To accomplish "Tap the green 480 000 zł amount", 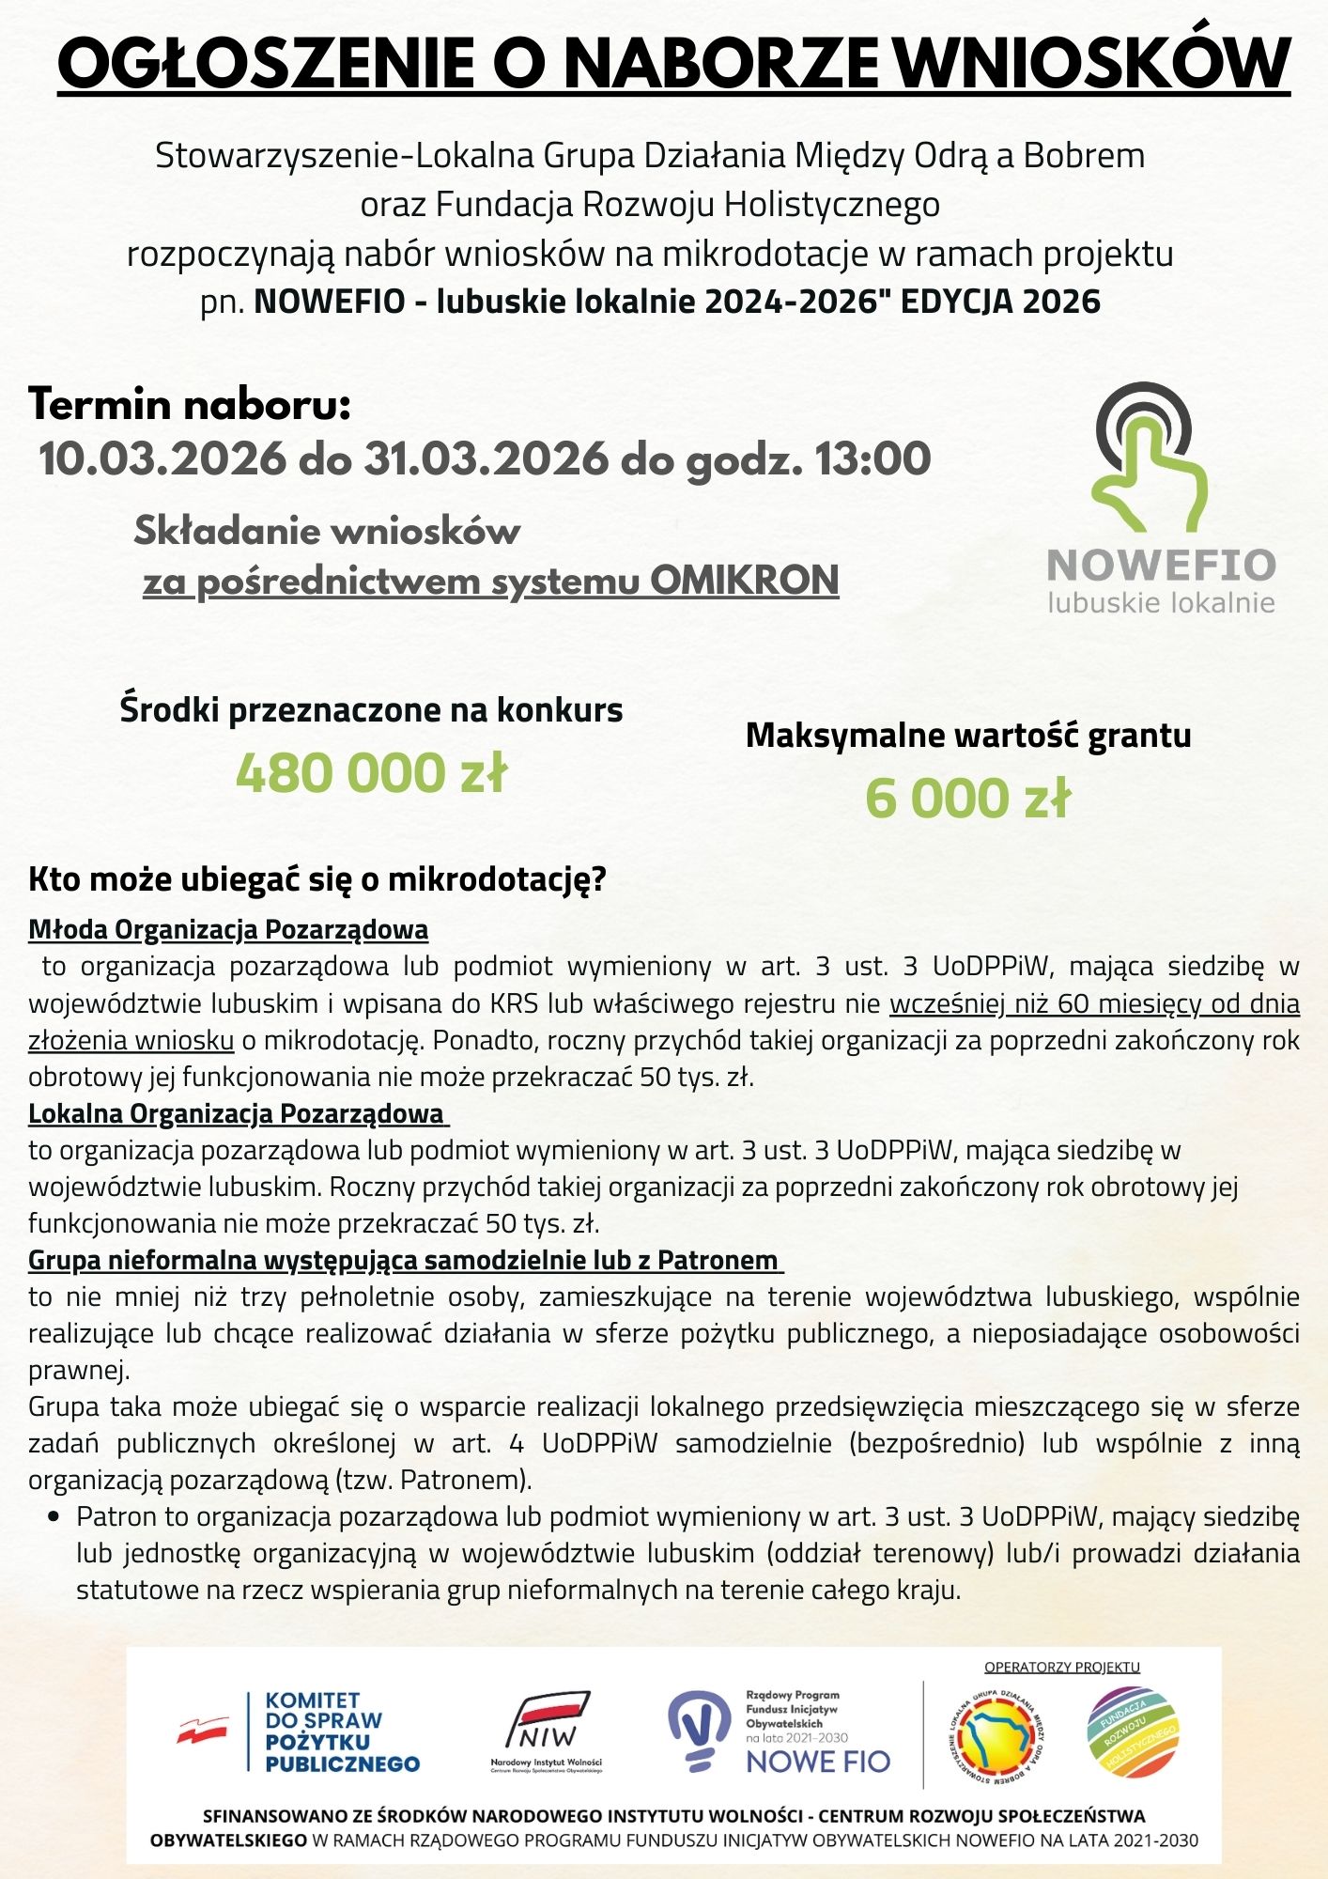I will (371, 773).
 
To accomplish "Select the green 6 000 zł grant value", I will (967, 799).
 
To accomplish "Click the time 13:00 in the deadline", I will (872, 459).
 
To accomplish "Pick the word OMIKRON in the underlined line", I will (744, 581).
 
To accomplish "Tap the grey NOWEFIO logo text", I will (1161, 566).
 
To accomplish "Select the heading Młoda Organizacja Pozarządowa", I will (228, 929).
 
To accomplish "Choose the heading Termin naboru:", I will (190, 405).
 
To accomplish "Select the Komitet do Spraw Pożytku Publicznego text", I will (342, 1731).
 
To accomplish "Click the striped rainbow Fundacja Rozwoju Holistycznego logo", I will (1132, 1733).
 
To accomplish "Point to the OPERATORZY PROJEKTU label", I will (1061, 1668).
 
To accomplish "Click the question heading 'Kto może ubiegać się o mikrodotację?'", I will (317, 879).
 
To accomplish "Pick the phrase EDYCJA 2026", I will (1000, 302).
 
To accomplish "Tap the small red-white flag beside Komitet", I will (203, 1729).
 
